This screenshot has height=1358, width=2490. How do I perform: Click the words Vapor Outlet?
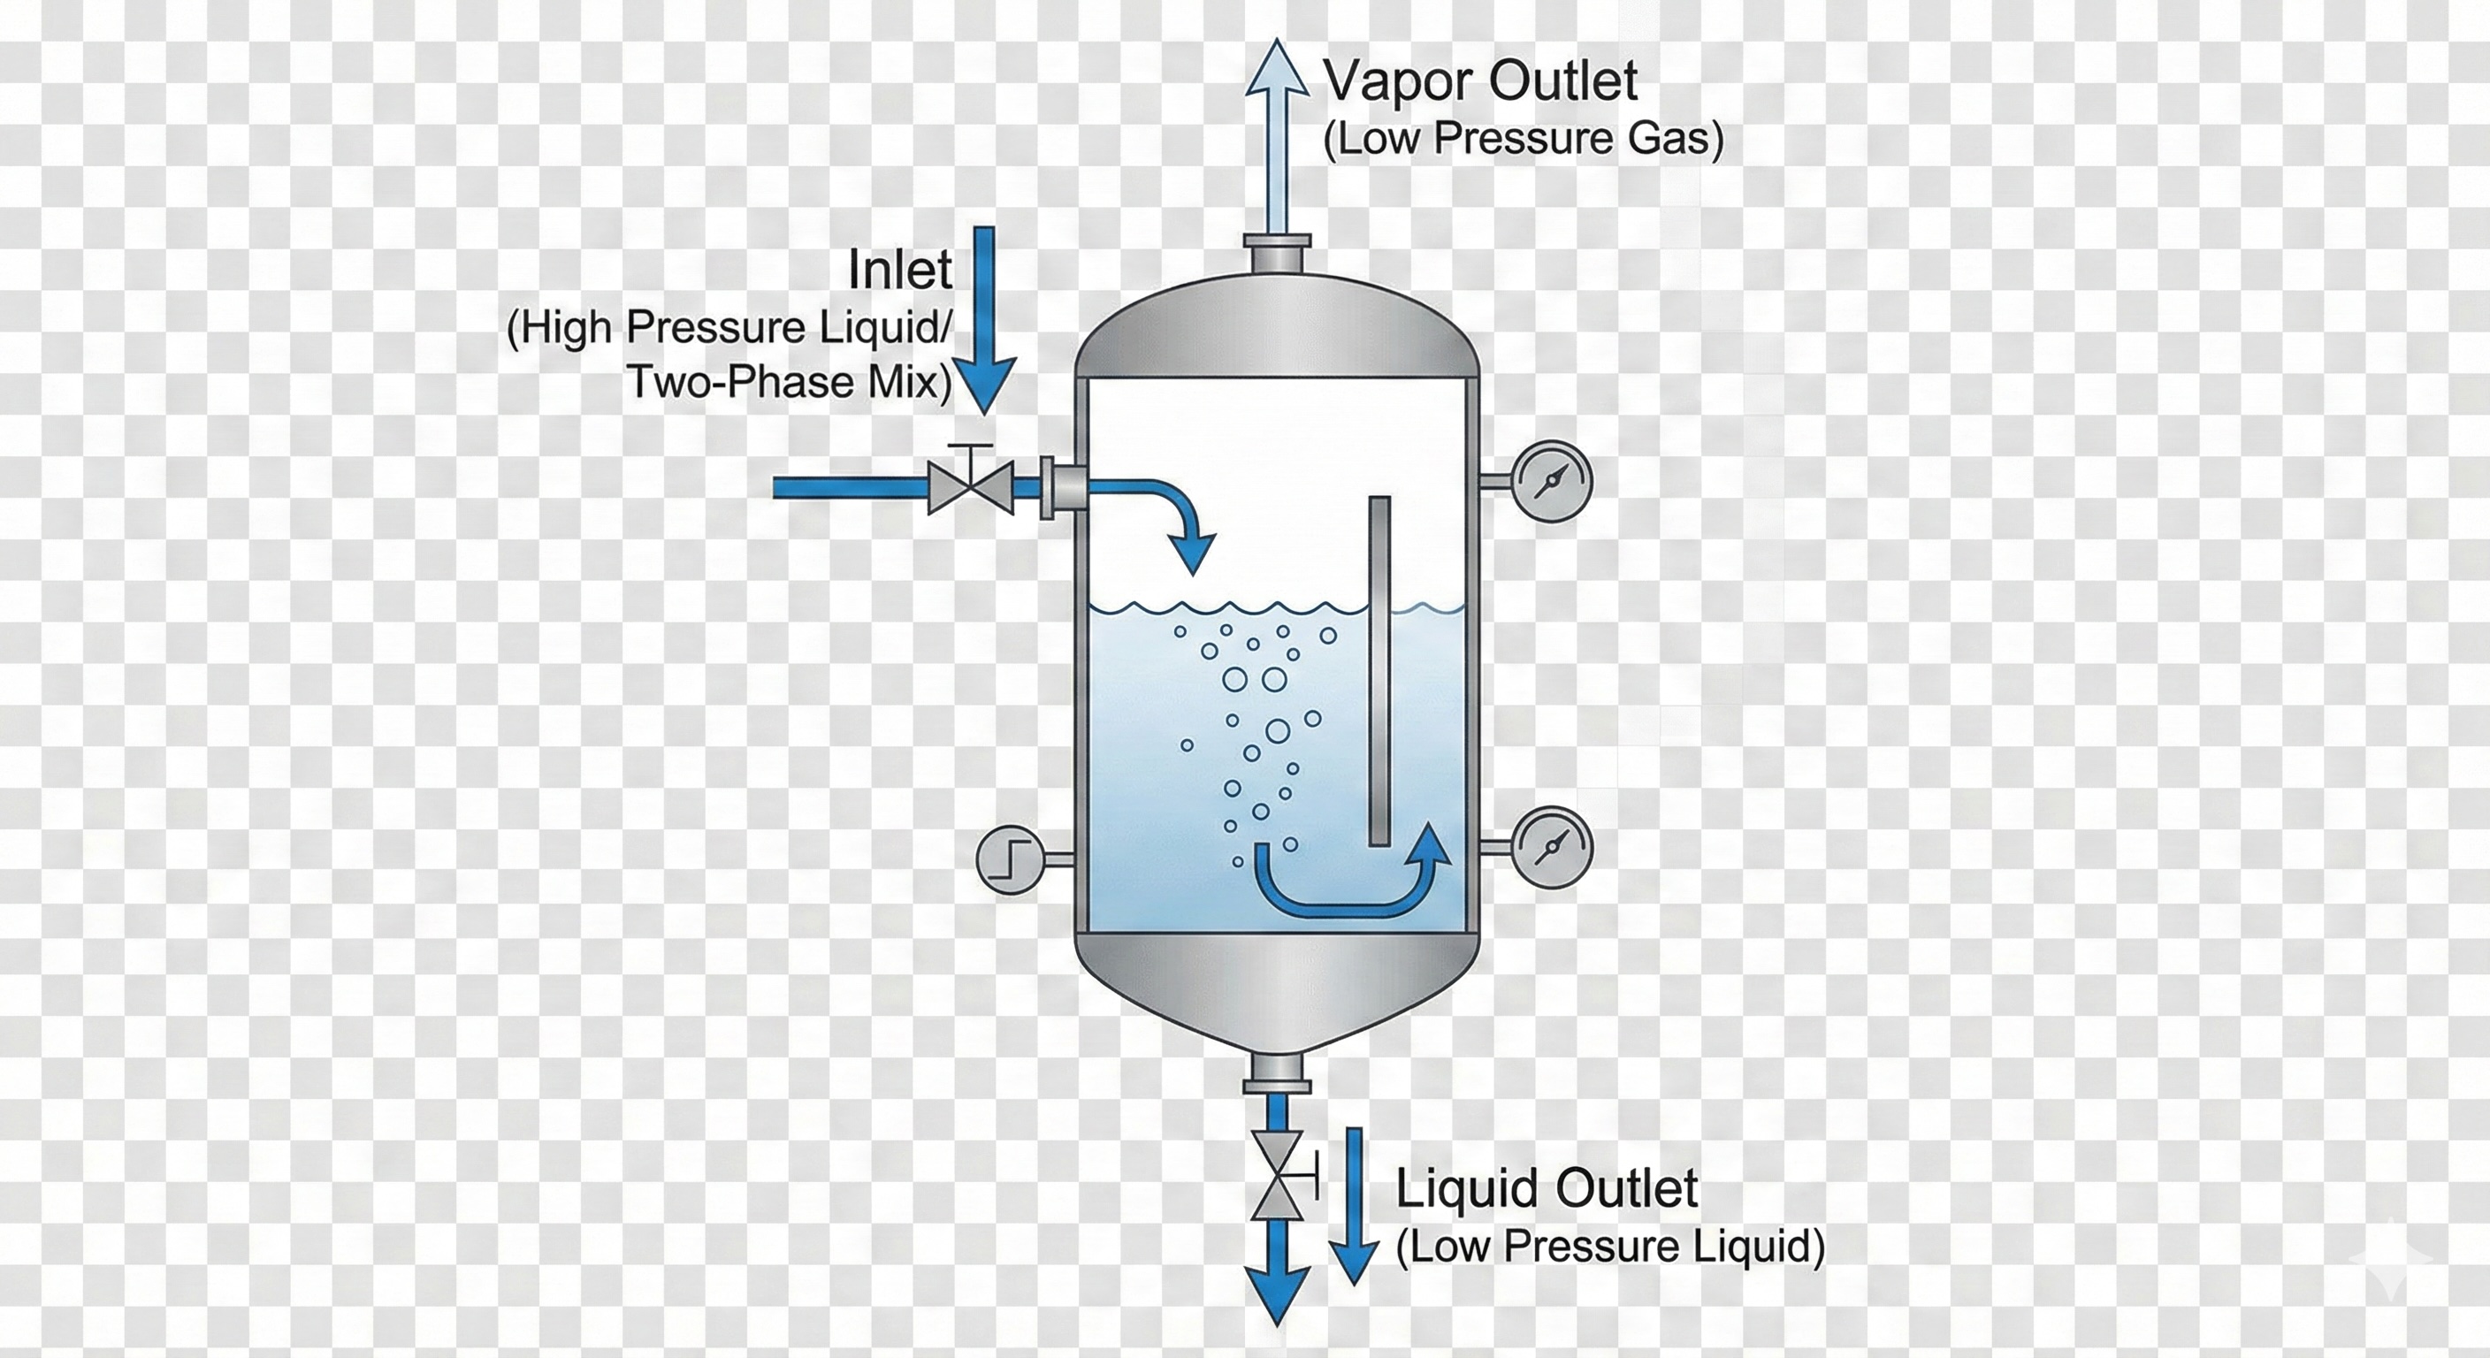click(1480, 81)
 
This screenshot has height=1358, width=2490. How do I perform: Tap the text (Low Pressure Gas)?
click(1523, 139)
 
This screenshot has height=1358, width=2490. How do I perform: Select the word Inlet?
click(899, 270)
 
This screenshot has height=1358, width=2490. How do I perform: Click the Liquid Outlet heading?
click(1547, 1188)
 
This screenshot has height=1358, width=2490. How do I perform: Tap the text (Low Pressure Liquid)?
click(1609, 1246)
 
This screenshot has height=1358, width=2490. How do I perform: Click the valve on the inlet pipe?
click(971, 487)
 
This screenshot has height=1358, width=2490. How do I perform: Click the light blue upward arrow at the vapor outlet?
click(1277, 135)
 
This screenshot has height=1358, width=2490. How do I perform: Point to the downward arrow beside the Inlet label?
click(983, 319)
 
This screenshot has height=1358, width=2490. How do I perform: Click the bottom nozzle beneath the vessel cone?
click(1277, 1072)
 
